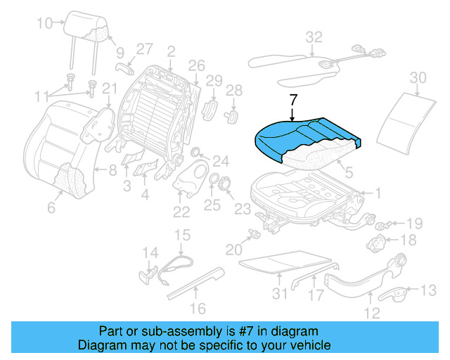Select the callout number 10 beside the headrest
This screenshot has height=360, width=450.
pos(44,23)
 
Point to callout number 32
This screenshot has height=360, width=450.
pos(314,37)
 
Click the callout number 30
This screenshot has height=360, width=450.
pos(418,77)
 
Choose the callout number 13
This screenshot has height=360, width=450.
pos(428,290)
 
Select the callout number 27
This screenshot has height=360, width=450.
pos(144,49)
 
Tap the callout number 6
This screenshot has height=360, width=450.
pos(51,207)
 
